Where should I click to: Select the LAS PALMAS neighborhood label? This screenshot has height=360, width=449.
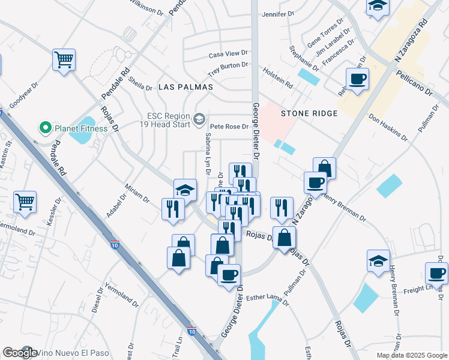pyautogui.click(x=186, y=87)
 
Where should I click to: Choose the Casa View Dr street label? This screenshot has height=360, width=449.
pyautogui.click(x=228, y=55)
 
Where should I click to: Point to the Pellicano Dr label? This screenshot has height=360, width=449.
pyautogui.click(x=414, y=83)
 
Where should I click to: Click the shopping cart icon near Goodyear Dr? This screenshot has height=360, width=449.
pyautogui.click(x=63, y=60)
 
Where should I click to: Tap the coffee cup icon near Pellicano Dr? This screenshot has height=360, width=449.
pyautogui.click(x=357, y=79)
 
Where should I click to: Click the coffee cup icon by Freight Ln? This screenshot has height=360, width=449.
pyautogui.click(x=436, y=274)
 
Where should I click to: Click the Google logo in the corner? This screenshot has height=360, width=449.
pyautogui.click(x=19, y=353)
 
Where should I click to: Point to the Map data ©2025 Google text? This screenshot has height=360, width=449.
pyautogui.click(x=411, y=355)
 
